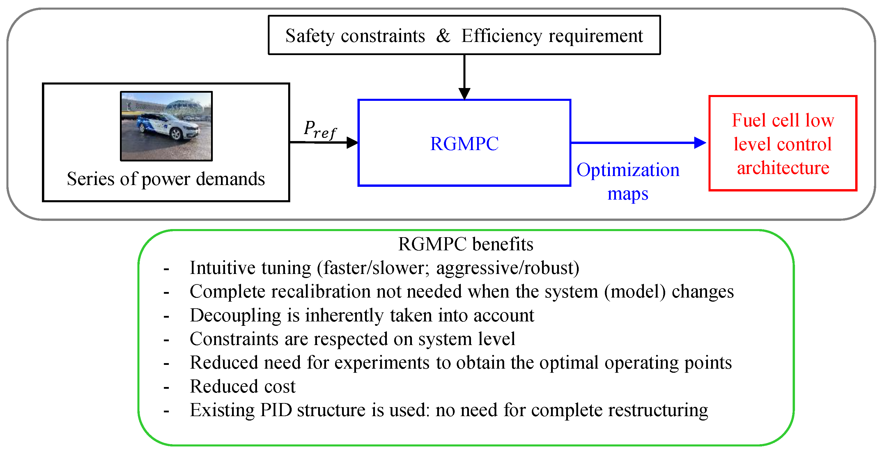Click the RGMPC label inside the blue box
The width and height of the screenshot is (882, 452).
[464, 144]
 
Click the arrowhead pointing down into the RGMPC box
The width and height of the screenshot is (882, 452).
[464, 93]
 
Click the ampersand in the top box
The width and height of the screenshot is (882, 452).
[443, 36]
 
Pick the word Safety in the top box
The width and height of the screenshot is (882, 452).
[310, 36]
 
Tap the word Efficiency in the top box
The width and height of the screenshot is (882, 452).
[502, 36]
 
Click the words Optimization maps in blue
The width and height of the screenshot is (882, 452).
[628, 182]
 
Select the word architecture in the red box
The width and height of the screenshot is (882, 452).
[783, 168]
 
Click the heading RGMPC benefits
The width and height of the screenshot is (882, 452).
[466, 244]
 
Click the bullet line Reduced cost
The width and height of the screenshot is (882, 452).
[242, 386]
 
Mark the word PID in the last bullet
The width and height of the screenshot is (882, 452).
[276, 410]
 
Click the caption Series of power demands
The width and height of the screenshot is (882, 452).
[166, 179]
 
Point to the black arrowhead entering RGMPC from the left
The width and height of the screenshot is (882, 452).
[352, 143]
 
